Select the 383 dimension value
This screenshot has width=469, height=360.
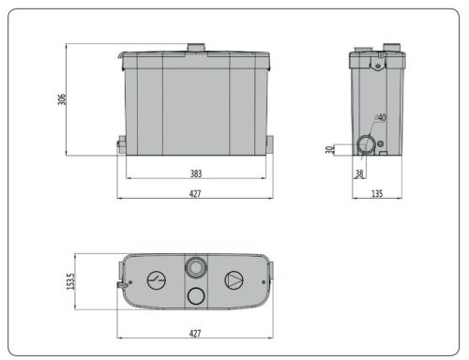pyautogui.click(x=195, y=173)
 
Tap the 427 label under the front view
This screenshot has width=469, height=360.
pyautogui.click(x=195, y=193)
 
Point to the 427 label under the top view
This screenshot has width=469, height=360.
pyautogui.click(x=195, y=332)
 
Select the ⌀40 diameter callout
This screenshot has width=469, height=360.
pyautogui.click(x=380, y=118)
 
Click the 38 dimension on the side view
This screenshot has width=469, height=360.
pyautogui.click(x=359, y=172)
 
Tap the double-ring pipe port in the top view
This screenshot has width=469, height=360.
pyautogui.click(x=195, y=265)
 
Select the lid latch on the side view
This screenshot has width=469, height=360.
pyautogui.click(x=378, y=64)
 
